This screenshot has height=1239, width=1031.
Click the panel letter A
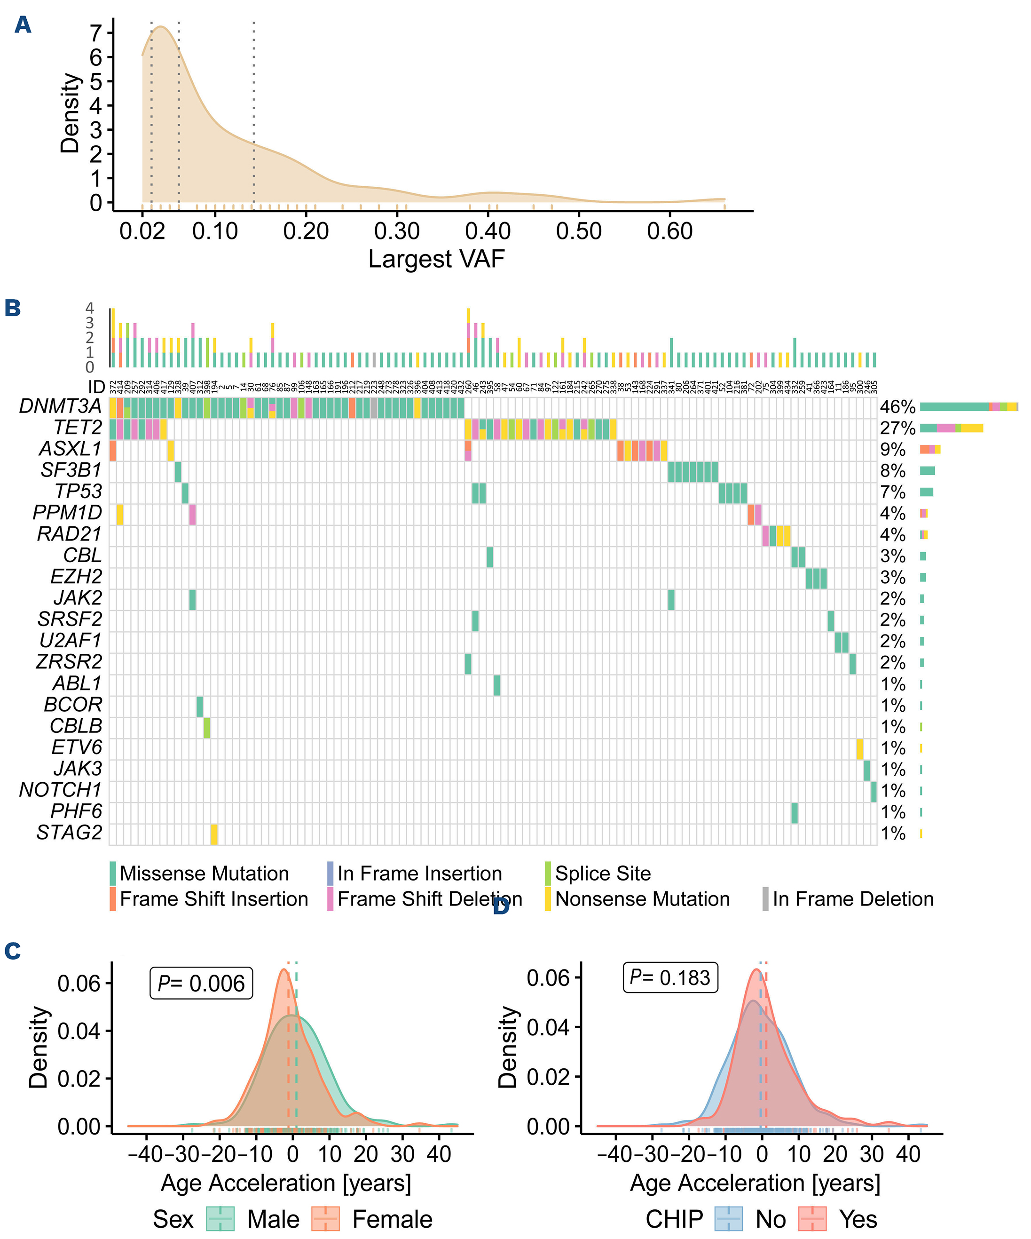coord(23,25)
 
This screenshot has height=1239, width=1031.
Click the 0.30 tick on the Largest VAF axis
coord(397,230)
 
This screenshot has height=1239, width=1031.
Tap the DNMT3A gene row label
coord(60,406)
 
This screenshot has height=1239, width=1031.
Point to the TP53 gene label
coord(79,492)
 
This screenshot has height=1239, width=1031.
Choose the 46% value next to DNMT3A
coord(897,406)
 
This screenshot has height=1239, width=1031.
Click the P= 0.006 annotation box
coord(201,983)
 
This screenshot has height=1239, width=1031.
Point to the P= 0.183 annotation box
coord(670,977)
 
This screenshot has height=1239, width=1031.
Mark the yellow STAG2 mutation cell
coord(214,834)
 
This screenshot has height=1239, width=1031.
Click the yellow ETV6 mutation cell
coord(860,749)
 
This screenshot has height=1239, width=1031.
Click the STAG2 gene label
coord(69,833)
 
